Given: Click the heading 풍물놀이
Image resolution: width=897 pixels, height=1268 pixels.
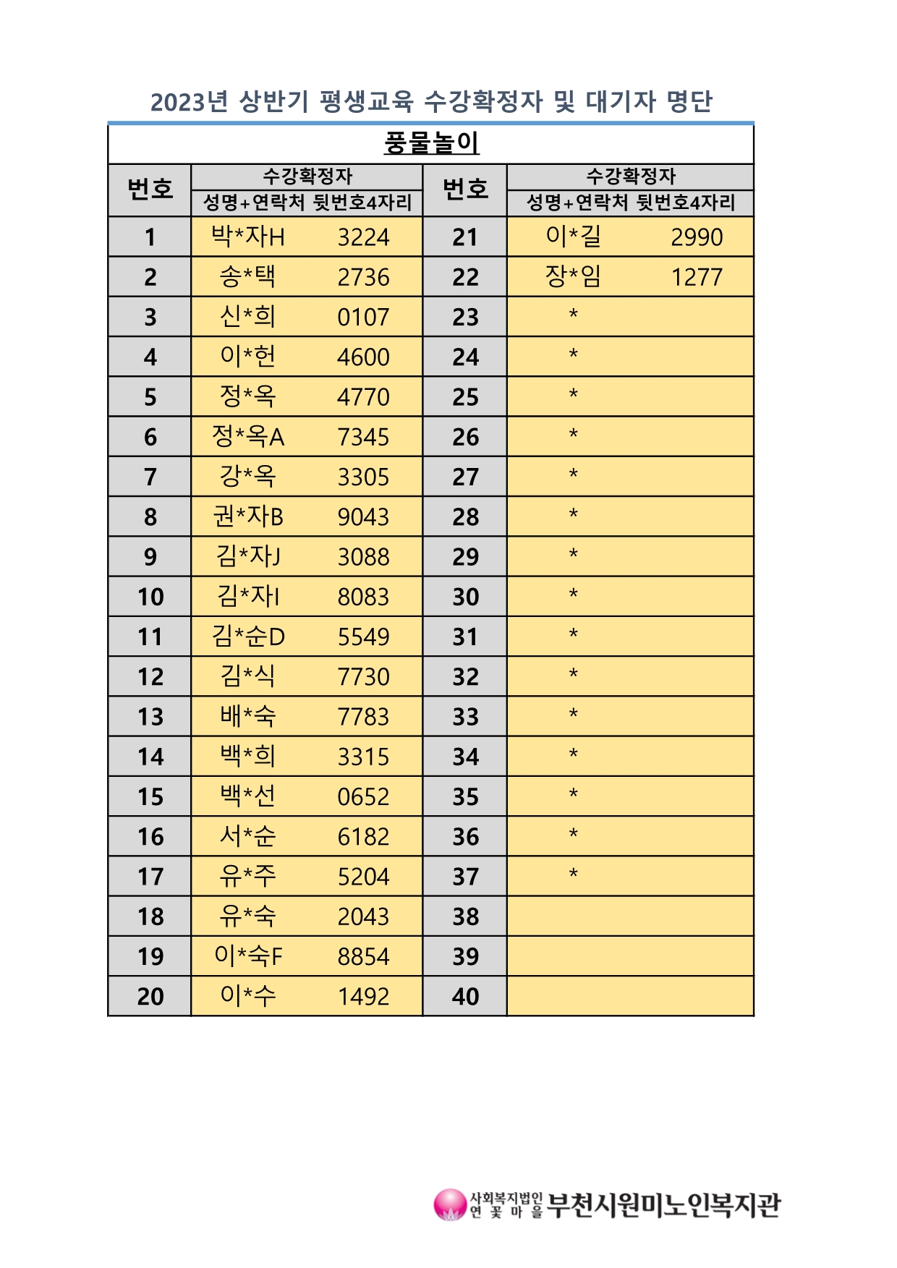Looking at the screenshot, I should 431,142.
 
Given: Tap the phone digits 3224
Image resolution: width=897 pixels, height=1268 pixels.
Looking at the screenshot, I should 363,237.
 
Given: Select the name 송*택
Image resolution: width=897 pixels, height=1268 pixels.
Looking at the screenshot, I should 247,276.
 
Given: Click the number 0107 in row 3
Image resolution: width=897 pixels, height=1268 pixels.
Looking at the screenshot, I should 363,317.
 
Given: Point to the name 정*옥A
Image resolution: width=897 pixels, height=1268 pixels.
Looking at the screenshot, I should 248,436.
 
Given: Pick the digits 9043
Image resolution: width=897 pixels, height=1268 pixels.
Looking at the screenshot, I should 363,516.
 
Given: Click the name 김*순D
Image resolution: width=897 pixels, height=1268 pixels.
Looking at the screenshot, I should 248,637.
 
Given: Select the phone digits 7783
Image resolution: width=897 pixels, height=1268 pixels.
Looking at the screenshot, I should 363,717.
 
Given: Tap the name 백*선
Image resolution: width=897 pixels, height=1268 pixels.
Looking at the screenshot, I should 247,796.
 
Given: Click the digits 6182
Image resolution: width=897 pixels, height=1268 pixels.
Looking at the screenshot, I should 363,837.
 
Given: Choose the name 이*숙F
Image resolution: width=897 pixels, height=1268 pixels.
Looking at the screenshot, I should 248,956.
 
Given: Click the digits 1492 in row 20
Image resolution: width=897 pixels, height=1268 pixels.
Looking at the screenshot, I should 363,997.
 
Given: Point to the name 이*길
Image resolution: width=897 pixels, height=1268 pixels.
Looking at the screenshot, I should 573,237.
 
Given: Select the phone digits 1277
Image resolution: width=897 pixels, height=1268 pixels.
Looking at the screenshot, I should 697,277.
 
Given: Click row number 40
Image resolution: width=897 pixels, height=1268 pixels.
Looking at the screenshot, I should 465,997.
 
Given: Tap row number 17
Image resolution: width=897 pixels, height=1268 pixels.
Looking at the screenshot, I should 150,877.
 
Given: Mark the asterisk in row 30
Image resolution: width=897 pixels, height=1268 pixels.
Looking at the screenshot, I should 573,595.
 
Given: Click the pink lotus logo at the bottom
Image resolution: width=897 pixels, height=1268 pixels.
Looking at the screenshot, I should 450,1205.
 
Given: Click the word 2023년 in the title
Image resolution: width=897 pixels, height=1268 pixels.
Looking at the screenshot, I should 190,102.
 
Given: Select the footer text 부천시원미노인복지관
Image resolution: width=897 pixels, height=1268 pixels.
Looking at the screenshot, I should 663,1205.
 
